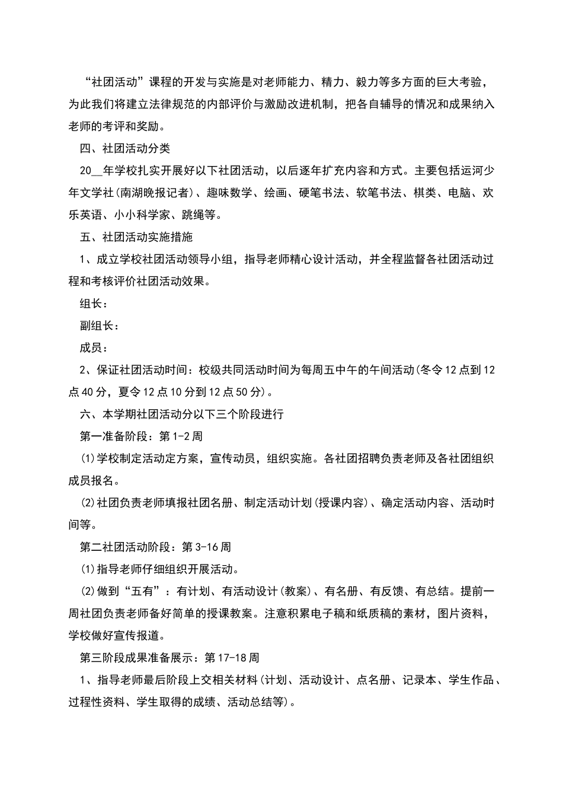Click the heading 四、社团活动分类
(x=125, y=148)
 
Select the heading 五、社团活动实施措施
(x=136, y=237)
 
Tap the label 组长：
(x=94, y=303)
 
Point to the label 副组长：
(x=100, y=326)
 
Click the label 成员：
(x=94, y=348)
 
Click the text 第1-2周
(x=181, y=436)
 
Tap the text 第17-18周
(x=232, y=658)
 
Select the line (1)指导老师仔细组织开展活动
(x=159, y=569)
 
